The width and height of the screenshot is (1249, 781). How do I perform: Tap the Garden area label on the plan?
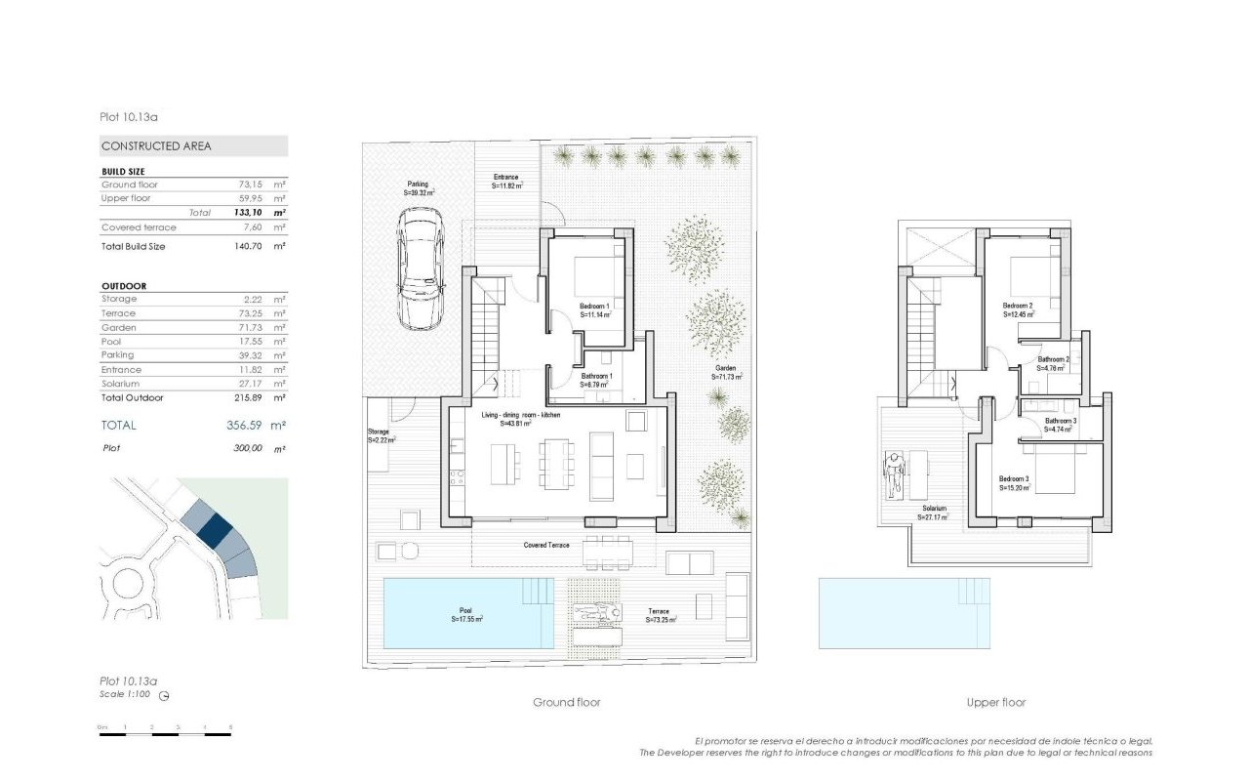(x=726, y=371)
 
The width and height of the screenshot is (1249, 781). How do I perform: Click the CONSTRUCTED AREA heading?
(x=156, y=146)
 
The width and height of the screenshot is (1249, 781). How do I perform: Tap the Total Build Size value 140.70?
(x=243, y=247)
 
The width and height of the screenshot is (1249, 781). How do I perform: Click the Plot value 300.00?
(x=243, y=449)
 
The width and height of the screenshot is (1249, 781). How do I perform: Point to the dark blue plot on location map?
(x=215, y=530)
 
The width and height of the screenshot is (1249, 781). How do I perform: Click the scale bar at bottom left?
(x=164, y=728)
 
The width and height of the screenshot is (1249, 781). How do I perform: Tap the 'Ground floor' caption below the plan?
(x=567, y=703)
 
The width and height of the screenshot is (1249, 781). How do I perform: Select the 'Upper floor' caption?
(x=996, y=703)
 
